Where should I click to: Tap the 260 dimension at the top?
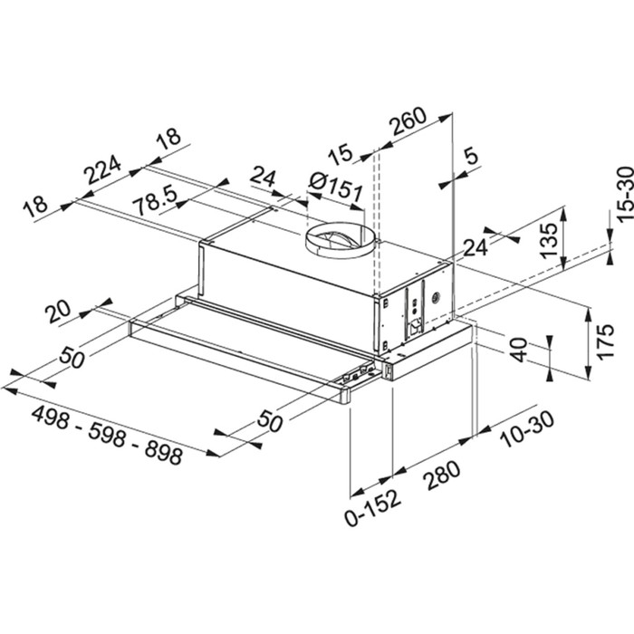[409, 128]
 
